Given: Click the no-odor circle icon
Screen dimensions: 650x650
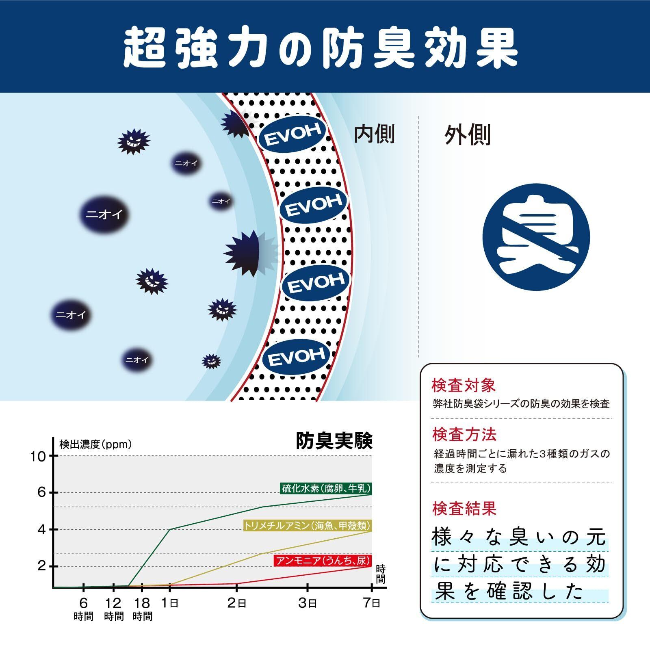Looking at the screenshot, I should pos(536,237).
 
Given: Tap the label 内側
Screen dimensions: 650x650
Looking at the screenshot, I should pos(374,134).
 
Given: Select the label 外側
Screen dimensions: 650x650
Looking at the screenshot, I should pos(467,135).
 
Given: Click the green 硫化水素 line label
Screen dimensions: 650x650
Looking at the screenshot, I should pos(326,488).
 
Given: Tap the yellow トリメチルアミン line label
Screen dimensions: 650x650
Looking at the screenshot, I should pos(307,525).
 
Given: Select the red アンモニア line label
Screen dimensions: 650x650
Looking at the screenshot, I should pos(323,561).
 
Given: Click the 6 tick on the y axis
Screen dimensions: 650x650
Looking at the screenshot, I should pos(42,492).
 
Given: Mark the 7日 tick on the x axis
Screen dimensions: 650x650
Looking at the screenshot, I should pos(371,603).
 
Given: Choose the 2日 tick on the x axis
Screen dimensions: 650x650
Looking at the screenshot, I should pos(236,603).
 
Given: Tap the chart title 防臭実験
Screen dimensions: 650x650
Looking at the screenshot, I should pos(334,441).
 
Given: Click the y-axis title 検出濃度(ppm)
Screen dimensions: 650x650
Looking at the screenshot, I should pos(96,444).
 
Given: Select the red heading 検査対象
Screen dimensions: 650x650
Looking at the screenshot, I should pos(464,386).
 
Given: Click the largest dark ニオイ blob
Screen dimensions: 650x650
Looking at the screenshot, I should pos(104,214).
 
